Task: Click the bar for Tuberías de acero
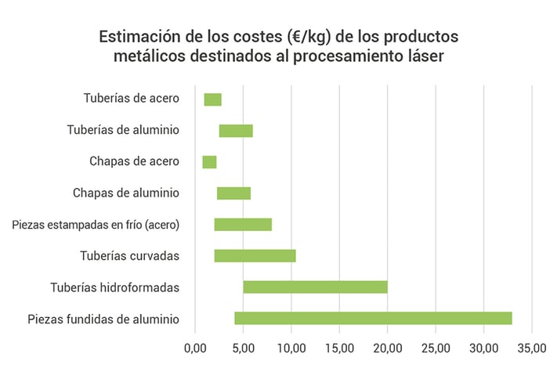click(212, 99)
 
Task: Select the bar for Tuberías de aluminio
click(235, 131)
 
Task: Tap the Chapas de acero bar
click(209, 162)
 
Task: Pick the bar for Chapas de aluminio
click(233, 193)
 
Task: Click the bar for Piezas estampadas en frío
click(243, 225)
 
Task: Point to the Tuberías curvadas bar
click(255, 256)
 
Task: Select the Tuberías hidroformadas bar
click(315, 287)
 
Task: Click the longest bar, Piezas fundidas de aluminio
click(373, 318)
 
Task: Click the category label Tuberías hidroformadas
click(114, 287)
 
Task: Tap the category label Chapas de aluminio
click(126, 193)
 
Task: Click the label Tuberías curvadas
click(130, 256)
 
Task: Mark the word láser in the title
click(421, 56)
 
